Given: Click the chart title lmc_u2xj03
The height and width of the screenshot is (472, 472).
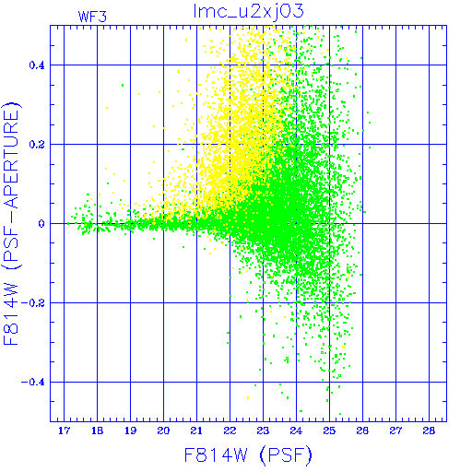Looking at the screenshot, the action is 249,12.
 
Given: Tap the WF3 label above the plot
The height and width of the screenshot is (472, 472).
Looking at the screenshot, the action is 92,17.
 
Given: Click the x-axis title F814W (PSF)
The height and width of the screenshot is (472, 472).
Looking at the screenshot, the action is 248,455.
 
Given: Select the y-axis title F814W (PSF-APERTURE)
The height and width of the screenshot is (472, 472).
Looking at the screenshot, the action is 12,223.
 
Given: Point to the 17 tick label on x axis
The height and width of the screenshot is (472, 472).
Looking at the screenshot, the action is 64,431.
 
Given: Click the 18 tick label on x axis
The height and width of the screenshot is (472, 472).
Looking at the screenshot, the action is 97,431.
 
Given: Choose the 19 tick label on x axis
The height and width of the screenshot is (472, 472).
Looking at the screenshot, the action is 130,431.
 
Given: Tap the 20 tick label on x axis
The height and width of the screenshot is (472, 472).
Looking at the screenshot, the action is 163,431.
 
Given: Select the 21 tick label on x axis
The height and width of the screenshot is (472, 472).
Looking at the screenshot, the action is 196,431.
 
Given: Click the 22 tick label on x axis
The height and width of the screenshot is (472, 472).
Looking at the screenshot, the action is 230,431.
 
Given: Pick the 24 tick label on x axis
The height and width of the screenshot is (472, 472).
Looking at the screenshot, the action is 296,431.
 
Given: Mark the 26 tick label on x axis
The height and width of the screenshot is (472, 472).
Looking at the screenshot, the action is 362,431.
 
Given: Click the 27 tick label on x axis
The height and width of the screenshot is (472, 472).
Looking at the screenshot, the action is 395,431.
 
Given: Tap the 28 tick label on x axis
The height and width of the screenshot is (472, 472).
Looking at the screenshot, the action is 429,431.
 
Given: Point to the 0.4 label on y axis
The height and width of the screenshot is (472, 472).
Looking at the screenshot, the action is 37,65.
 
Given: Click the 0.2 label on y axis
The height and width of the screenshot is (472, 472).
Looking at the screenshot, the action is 37,145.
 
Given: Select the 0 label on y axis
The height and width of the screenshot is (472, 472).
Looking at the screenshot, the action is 41,224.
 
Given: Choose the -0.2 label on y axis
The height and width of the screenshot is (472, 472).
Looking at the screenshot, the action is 33,303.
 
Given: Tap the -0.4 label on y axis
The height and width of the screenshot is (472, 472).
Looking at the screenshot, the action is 33,383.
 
